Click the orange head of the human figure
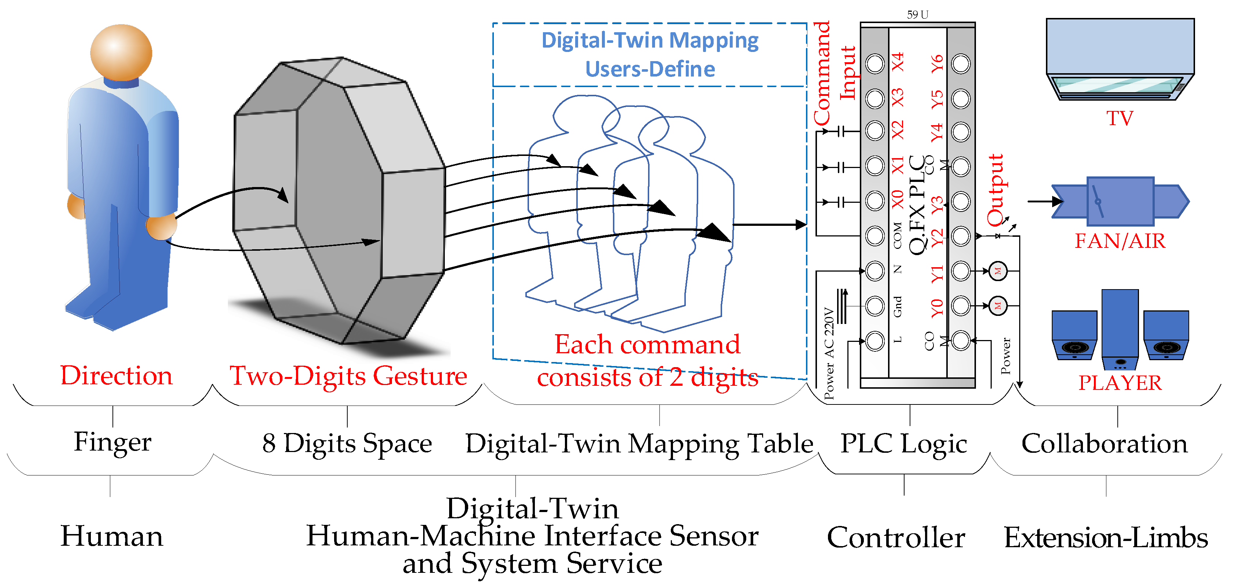pyautogui.click(x=121, y=52)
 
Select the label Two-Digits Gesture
pyautogui.click(x=348, y=376)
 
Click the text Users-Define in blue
pyautogui.click(x=650, y=69)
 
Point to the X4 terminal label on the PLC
pyautogui.click(x=898, y=63)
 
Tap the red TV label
pyautogui.click(x=1120, y=118)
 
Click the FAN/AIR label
pyautogui.click(x=1120, y=241)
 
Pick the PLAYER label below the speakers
pyautogui.click(x=1120, y=382)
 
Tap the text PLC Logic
pyautogui.click(x=903, y=443)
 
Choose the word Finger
pyautogui.click(x=112, y=442)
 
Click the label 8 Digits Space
pyautogui.click(x=347, y=443)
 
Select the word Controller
pyautogui.click(x=896, y=537)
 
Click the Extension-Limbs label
pyautogui.click(x=1105, y=537)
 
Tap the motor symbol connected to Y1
pyautogui.click(x=998, y=271)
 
